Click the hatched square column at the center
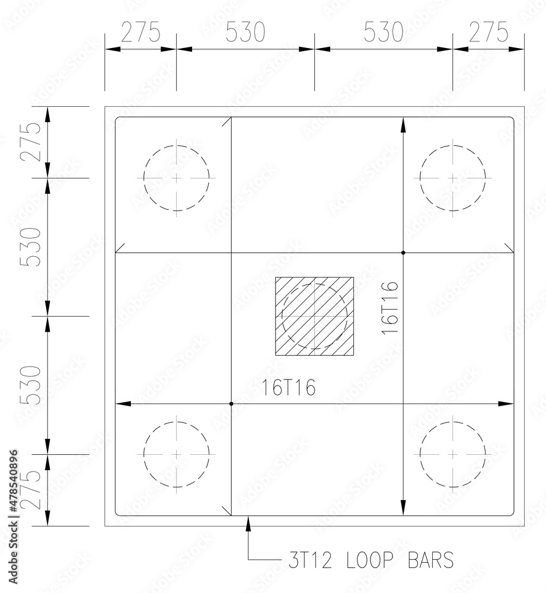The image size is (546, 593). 314,316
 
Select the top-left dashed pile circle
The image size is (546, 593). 177,177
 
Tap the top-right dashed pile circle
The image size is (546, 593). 453,177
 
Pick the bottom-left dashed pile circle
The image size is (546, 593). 177,454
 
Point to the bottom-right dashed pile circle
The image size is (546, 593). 453,454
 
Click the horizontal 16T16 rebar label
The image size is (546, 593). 289,388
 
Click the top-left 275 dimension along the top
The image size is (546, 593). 141,33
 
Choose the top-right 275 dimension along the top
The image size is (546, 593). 488,33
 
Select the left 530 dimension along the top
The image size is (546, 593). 245,33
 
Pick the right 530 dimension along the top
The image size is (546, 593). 384,33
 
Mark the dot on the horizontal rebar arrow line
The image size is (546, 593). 231,404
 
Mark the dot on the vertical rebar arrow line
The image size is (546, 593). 403,253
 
